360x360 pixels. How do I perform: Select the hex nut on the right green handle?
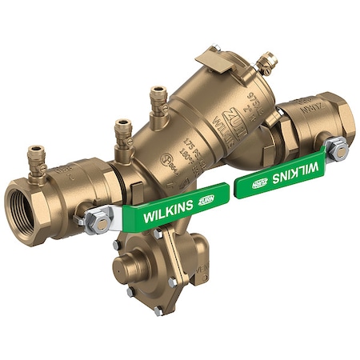pos(338,149)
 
